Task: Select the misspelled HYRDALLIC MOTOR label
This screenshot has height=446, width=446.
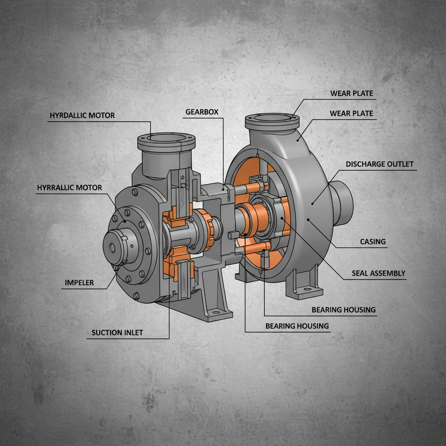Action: tap(82, 115)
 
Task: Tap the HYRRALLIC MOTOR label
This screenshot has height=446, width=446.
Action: tap(69, 188)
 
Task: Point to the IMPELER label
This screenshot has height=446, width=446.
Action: tap(79, 283)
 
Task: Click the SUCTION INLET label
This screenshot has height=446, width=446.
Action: tap(117, 333)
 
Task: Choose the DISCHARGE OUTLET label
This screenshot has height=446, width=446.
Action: tap(379, 164)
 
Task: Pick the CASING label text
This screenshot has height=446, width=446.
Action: tap(373, 241)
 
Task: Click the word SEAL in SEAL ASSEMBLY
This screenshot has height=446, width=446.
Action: tap(362, 274)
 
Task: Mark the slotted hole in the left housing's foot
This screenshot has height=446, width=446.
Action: tap(216, 312)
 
